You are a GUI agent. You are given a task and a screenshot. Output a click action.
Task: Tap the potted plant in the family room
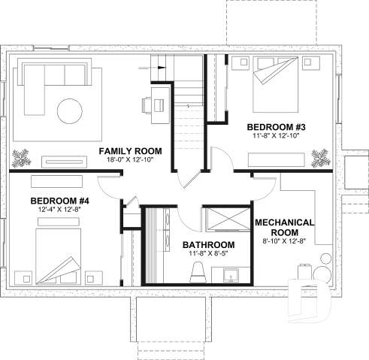coord(23,157)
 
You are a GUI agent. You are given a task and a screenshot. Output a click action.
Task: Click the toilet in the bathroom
coord(199,271)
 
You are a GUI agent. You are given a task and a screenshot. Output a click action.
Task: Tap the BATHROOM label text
coord(208,245)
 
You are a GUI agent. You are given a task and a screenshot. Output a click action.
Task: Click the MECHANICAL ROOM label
coord(283,228)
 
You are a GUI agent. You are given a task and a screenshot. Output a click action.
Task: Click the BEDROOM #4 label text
coord(59,201)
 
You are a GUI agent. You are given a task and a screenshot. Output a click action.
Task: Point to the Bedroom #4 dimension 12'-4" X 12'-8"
coord(59,210)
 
